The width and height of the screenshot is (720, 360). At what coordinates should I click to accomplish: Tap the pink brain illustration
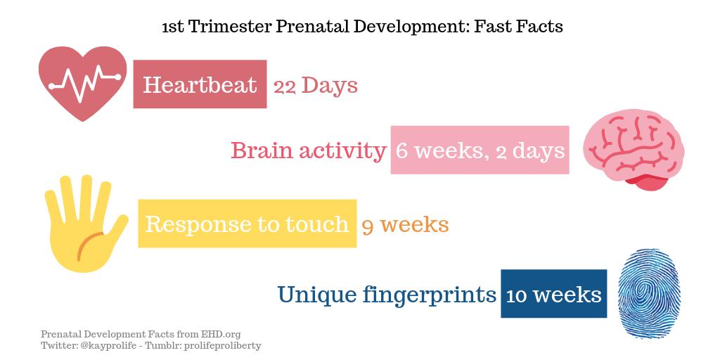click(634, 150)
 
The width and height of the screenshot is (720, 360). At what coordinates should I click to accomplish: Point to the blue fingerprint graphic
click(648, 293)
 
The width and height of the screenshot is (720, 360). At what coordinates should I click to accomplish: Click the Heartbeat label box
click(200, 84)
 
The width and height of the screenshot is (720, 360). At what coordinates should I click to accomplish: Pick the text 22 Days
click(316, 86)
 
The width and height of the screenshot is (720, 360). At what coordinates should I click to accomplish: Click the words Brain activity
click(308, 150)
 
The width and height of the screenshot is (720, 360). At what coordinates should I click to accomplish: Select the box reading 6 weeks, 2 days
click(480, 150)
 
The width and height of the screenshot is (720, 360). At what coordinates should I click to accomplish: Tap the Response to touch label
click(247, 224)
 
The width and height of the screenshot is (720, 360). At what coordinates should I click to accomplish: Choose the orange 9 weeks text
click(405, 224)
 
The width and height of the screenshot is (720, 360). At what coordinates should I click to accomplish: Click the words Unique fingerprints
click(387, 294)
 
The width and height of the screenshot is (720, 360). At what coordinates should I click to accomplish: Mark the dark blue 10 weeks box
click(553, 294)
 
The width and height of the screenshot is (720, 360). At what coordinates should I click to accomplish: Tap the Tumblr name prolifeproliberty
click(224, 345)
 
